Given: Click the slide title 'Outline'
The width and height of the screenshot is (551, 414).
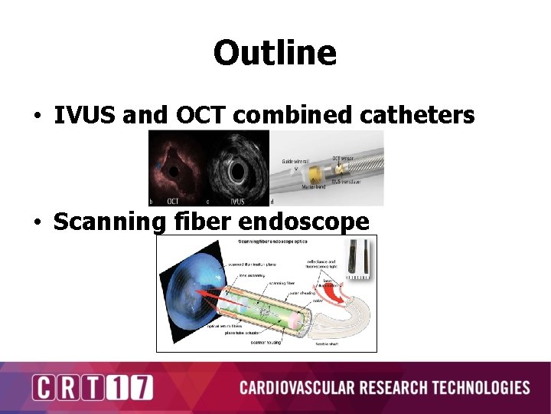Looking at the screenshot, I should pyautogui.click(x=275, y=53).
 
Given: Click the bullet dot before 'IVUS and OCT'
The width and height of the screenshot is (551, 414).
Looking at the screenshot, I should pyautogui.click(x=37, y=117).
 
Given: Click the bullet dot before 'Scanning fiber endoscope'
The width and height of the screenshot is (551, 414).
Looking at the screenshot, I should pyautogui.click(x=37, y=223).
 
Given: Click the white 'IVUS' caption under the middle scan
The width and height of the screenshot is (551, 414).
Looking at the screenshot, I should pyautogui.click(x=237, y=202).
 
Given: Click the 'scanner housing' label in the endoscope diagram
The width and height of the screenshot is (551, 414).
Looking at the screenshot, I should pyautogui.click(x=266, y=342).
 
